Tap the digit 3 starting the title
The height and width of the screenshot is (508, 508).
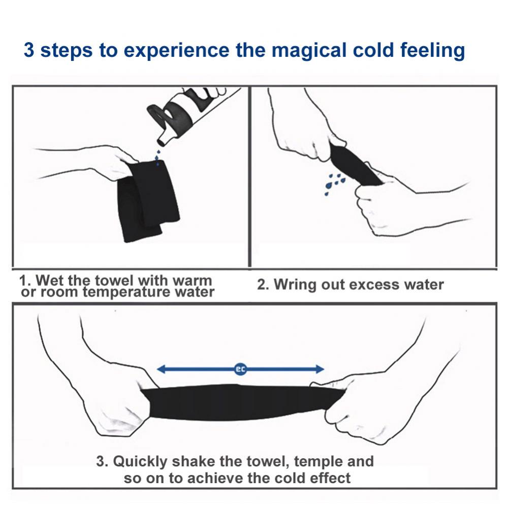click(29, 50)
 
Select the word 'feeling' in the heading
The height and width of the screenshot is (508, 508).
click(432, 51)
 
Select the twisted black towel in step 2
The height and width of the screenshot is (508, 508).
click(355, 165)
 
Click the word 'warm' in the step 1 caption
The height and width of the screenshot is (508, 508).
click(193, 280)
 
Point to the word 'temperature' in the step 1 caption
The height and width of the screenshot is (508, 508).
click(126, 292)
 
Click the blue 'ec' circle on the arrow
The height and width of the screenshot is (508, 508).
click(240, 369)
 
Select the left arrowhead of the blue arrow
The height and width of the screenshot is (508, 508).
click(161, 369)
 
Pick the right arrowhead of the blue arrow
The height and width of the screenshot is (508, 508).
click(320, 369)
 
